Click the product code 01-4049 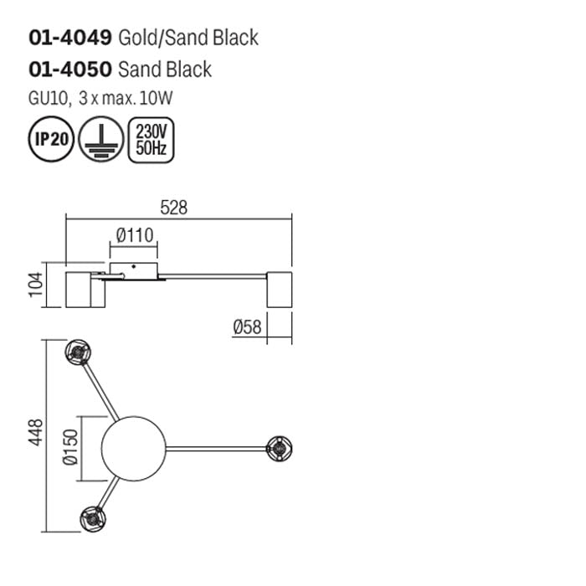point(70,38)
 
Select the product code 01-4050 point(70,69)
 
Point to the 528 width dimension point(173,208)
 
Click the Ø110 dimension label point(135,235)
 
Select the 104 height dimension point(33,285)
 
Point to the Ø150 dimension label point(70,448)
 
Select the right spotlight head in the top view point(278,447)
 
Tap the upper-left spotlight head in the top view point(78,352)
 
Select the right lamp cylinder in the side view point(278,289)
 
